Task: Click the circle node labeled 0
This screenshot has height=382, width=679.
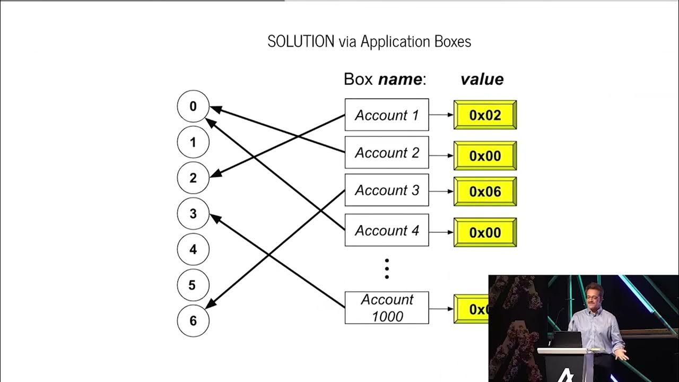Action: point(193,107)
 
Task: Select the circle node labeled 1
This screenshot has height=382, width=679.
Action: point(193,142)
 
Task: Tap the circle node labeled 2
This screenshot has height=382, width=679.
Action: point(193,178)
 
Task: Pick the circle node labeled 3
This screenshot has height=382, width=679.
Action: point(193,214)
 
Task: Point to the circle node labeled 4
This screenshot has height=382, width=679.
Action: point(193,249)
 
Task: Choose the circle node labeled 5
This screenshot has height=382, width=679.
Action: point(193,285)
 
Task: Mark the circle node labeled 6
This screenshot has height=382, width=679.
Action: point(193,320)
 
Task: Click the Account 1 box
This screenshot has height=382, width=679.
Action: point(387,115)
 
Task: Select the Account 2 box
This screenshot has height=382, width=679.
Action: point(387,152)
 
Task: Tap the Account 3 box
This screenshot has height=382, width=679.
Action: point(387,190)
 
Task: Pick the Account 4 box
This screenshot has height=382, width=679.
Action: point(387,230)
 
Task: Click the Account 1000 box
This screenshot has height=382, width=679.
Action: point(387,308)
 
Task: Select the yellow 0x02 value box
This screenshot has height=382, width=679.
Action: point(485,115)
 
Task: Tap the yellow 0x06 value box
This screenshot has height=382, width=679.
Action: point(485,192)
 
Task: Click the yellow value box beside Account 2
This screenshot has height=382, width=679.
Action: point(485,155)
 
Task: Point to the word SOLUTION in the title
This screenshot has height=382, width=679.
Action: point(301,41)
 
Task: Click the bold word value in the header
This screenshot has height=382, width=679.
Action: point(482,80)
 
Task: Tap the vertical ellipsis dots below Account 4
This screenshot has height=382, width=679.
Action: point(387,269)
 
